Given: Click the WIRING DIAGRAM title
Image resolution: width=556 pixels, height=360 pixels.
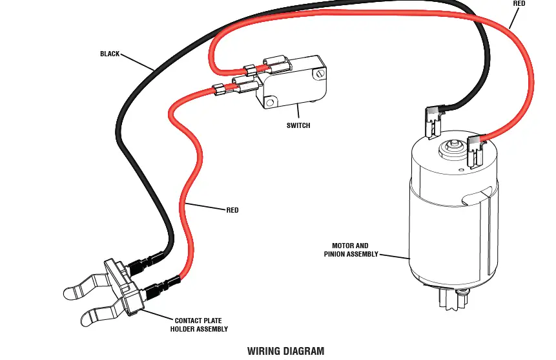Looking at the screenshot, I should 285,352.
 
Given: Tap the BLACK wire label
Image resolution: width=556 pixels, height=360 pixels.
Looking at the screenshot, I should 110,54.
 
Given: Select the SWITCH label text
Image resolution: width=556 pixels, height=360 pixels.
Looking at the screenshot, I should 298,125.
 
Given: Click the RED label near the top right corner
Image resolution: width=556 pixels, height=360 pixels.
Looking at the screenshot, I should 519,4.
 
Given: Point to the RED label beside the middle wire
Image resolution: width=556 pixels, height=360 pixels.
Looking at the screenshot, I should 232,210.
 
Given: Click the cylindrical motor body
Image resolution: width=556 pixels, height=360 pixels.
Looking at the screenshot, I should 452,220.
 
